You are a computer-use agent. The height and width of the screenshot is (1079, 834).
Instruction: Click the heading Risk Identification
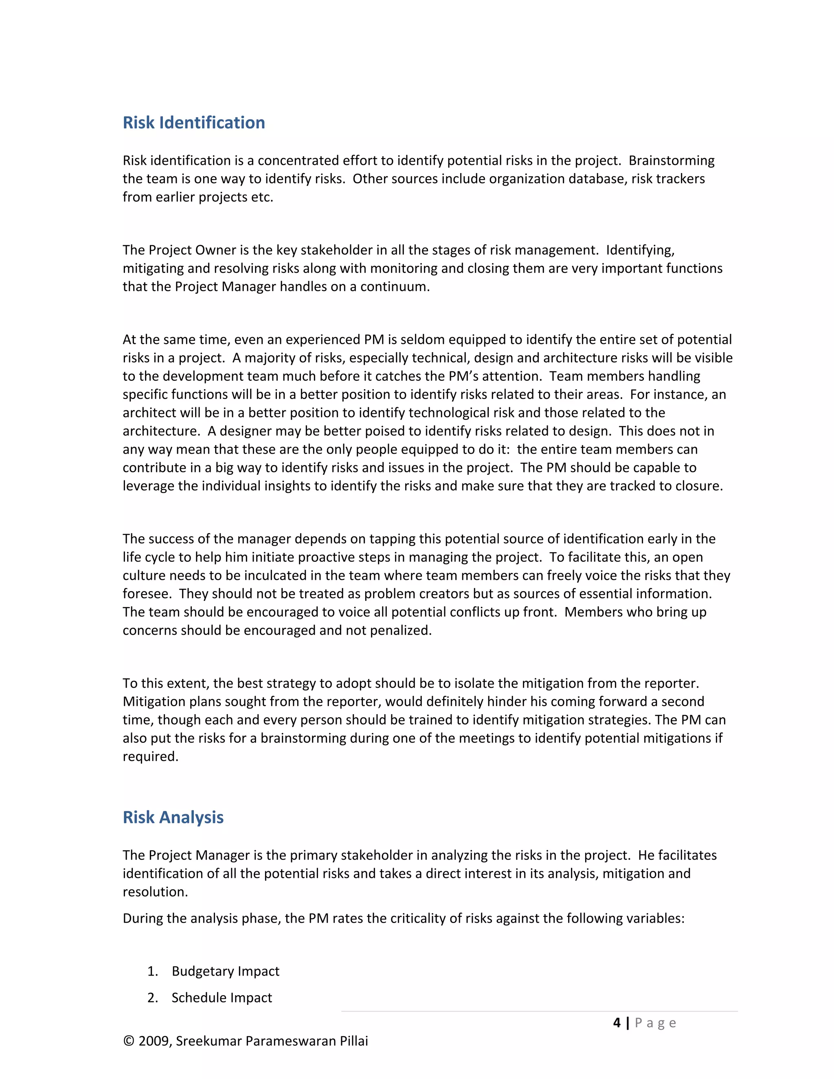click(x=194, y=123)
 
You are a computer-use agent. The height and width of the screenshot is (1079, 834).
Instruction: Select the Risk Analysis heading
click(x=173, y=817)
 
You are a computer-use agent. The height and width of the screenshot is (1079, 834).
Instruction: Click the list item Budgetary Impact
click(x=225, y=971)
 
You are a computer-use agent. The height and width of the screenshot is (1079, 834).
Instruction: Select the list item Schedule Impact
click(x=222, y=998)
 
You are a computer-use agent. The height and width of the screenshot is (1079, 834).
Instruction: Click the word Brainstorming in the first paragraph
click(x=672, y=160)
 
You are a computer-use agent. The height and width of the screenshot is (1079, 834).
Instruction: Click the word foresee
click(x=146, y=594)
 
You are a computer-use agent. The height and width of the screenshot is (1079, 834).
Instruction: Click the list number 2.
click(x=152, y=998)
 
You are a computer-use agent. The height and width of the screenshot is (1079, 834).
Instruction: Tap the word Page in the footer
click(x=655, y=1023)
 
